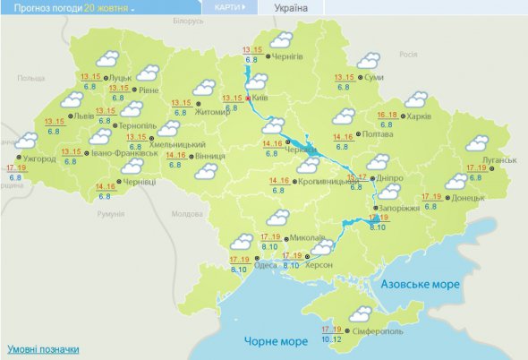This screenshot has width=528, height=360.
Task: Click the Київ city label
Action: (261, 98)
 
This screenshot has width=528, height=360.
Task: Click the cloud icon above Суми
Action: (368, 61)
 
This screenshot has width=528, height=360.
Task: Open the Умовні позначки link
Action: (43, 349)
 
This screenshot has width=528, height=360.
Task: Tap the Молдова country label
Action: (187, 214)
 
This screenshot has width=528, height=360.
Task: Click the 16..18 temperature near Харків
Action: (387, 116)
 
